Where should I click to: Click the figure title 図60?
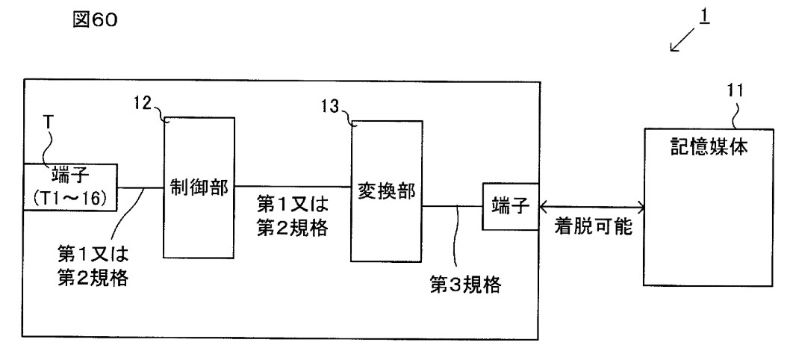[x=96, y=20]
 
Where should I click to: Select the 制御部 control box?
[x=199, y=188]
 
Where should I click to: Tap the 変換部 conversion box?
[x=386, y=191]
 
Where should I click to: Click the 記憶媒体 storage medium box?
[x=709, y=207]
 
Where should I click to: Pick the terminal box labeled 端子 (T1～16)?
[x=70, y=187]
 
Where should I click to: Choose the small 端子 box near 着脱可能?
[x=510, y=207]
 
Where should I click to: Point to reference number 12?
[x=143, y=103]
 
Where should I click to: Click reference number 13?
[x=330, y=107]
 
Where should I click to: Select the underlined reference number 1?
[x=704, y=16]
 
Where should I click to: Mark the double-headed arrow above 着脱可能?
[x=591, y=207]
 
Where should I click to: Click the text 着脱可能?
[x=593, y=226]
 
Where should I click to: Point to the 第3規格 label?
[x=465, y=285]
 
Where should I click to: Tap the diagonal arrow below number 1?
[x=682, y=40]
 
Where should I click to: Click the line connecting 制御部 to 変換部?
[x=293, y=187]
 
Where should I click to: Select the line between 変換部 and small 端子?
[x=453, y=207]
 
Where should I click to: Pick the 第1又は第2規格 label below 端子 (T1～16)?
[x=93, y=264]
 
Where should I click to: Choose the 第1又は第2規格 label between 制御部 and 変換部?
[x=292, y=216]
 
